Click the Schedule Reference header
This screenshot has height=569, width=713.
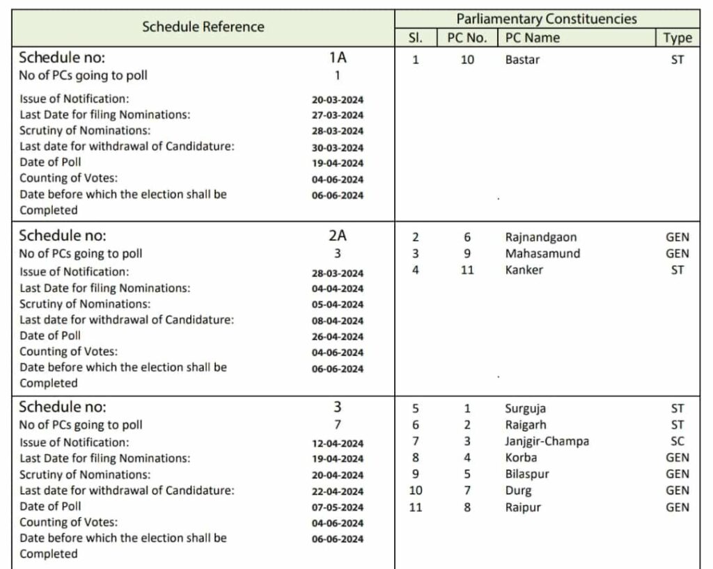[203, 27]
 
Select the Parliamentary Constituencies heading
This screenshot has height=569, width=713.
[547, 19]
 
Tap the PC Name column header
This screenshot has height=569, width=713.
[533, 38]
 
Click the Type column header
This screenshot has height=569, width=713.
[677, 38]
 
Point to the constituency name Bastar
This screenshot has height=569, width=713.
[522, 60]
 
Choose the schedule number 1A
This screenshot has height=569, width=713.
[338, 58]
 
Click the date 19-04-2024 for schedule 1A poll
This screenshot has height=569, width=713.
[338, 163]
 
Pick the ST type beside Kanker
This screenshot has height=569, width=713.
[677, 270]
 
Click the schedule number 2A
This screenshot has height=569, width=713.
[338, 235]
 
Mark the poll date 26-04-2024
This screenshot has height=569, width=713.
[338, 337]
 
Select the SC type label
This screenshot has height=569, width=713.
[677, 441]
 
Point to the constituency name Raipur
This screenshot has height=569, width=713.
[522, 507]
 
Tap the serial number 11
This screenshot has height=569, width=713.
[416, 507]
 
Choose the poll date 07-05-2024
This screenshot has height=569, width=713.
[338, 507]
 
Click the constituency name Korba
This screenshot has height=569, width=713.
[521, 458]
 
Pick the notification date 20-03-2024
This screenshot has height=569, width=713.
[338, 99]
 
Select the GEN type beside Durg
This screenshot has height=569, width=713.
[677, 490]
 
